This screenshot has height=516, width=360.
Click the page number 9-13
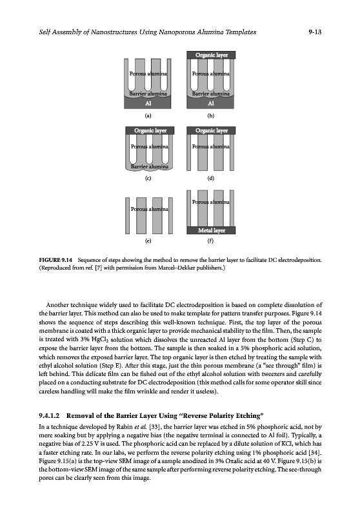coord(315,32)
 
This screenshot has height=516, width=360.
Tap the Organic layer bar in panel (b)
coord(211,55)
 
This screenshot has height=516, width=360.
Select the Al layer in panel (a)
coord(148,103)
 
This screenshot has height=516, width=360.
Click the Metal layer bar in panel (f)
coord(211,230)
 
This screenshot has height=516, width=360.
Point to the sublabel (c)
coord(148,179)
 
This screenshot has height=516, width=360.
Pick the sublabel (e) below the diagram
coord(148,241)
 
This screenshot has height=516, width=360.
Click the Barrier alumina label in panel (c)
coord(150,166)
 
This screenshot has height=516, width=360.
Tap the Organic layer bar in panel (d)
coord(211,131)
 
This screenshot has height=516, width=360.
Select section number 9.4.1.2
coord(49,415)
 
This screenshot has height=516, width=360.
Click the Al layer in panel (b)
coord(211,103)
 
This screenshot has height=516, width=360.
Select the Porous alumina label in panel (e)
coord(150,209)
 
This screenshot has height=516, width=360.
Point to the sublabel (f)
coord(210,241)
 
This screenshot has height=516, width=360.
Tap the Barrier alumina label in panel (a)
coord(148,94)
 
